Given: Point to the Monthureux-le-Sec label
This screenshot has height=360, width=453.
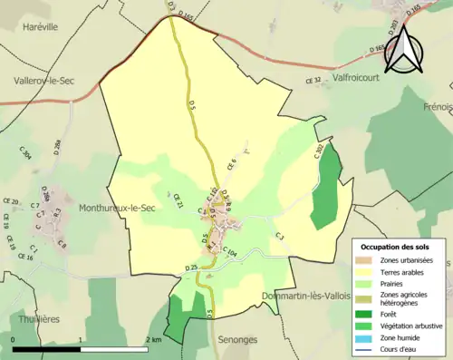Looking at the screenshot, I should (118, 208).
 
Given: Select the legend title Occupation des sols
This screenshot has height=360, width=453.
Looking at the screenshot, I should (396, 247).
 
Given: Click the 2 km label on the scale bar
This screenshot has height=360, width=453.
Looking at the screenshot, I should (153, 339).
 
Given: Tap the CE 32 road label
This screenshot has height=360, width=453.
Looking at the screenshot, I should (313, 81).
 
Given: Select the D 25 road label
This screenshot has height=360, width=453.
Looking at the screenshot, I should (190, 268).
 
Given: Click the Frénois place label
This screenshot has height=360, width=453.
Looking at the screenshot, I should (437, 107).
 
